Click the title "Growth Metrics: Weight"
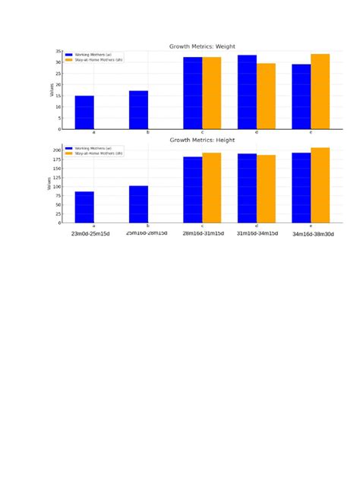click(x=197, y=46)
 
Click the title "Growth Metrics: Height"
click(x=197, y=140)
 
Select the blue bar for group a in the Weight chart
click(x=84, y=112)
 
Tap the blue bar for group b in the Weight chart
click(x=138, y=110)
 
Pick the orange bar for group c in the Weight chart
click(x=211, y=93)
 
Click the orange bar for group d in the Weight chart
click(x=266, y=96)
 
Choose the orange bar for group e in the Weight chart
click(x=320, y=91)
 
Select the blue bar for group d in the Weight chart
click(x=247, y=92)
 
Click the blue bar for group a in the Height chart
click(x=84, y=207)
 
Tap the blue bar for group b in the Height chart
click(x=138, y=204)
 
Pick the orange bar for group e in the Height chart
click(x=320, y=185)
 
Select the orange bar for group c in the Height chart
click(x=211, y=188)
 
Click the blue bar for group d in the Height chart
click(x=247, y=188)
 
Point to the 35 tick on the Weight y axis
click(x=58, y=52)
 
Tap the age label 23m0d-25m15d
click(x=90, y=234)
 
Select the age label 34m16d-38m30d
click(x=313, y=234)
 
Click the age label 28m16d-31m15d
click(x=203, y=233)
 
